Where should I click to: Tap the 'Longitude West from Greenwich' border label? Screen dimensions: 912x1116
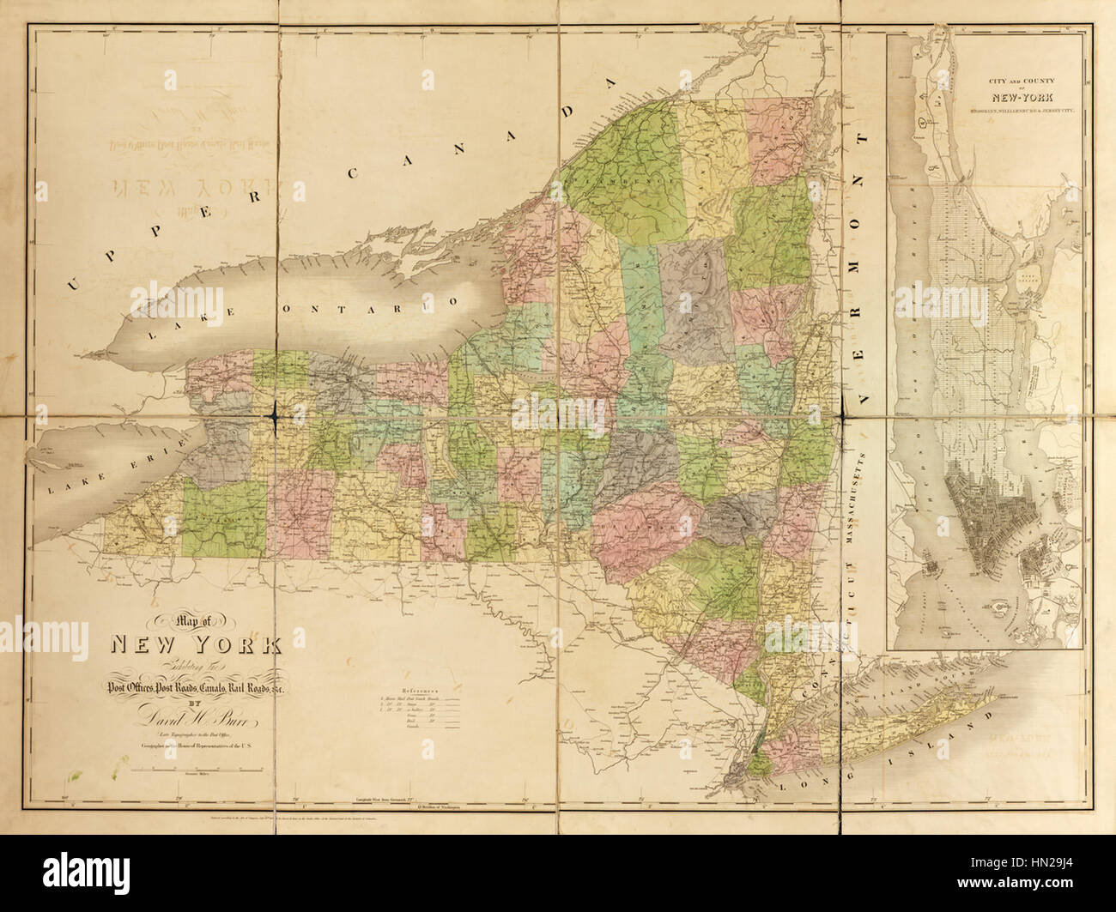click(x=391, y=800)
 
